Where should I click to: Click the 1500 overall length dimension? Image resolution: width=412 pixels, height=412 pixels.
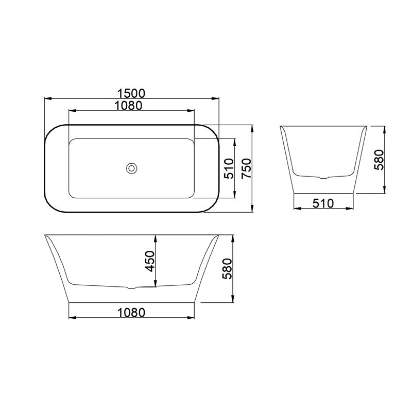pos(131,93)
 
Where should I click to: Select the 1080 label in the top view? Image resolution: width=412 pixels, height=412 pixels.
pos(128,106)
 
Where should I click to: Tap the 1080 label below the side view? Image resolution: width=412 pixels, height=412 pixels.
pos(131,313)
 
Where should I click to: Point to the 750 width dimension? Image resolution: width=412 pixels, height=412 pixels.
pos(247,168)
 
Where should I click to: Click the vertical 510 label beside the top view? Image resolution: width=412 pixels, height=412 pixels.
pos(229,168)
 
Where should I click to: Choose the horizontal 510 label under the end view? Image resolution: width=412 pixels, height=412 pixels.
pos(323,203)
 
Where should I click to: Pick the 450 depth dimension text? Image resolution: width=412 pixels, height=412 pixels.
pos(150,261)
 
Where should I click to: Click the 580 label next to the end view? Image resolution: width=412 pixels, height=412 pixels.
pos(379,160)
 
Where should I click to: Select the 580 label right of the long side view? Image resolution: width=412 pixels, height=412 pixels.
pos(227,268)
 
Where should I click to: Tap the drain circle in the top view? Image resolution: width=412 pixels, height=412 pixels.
pos(132,168)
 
